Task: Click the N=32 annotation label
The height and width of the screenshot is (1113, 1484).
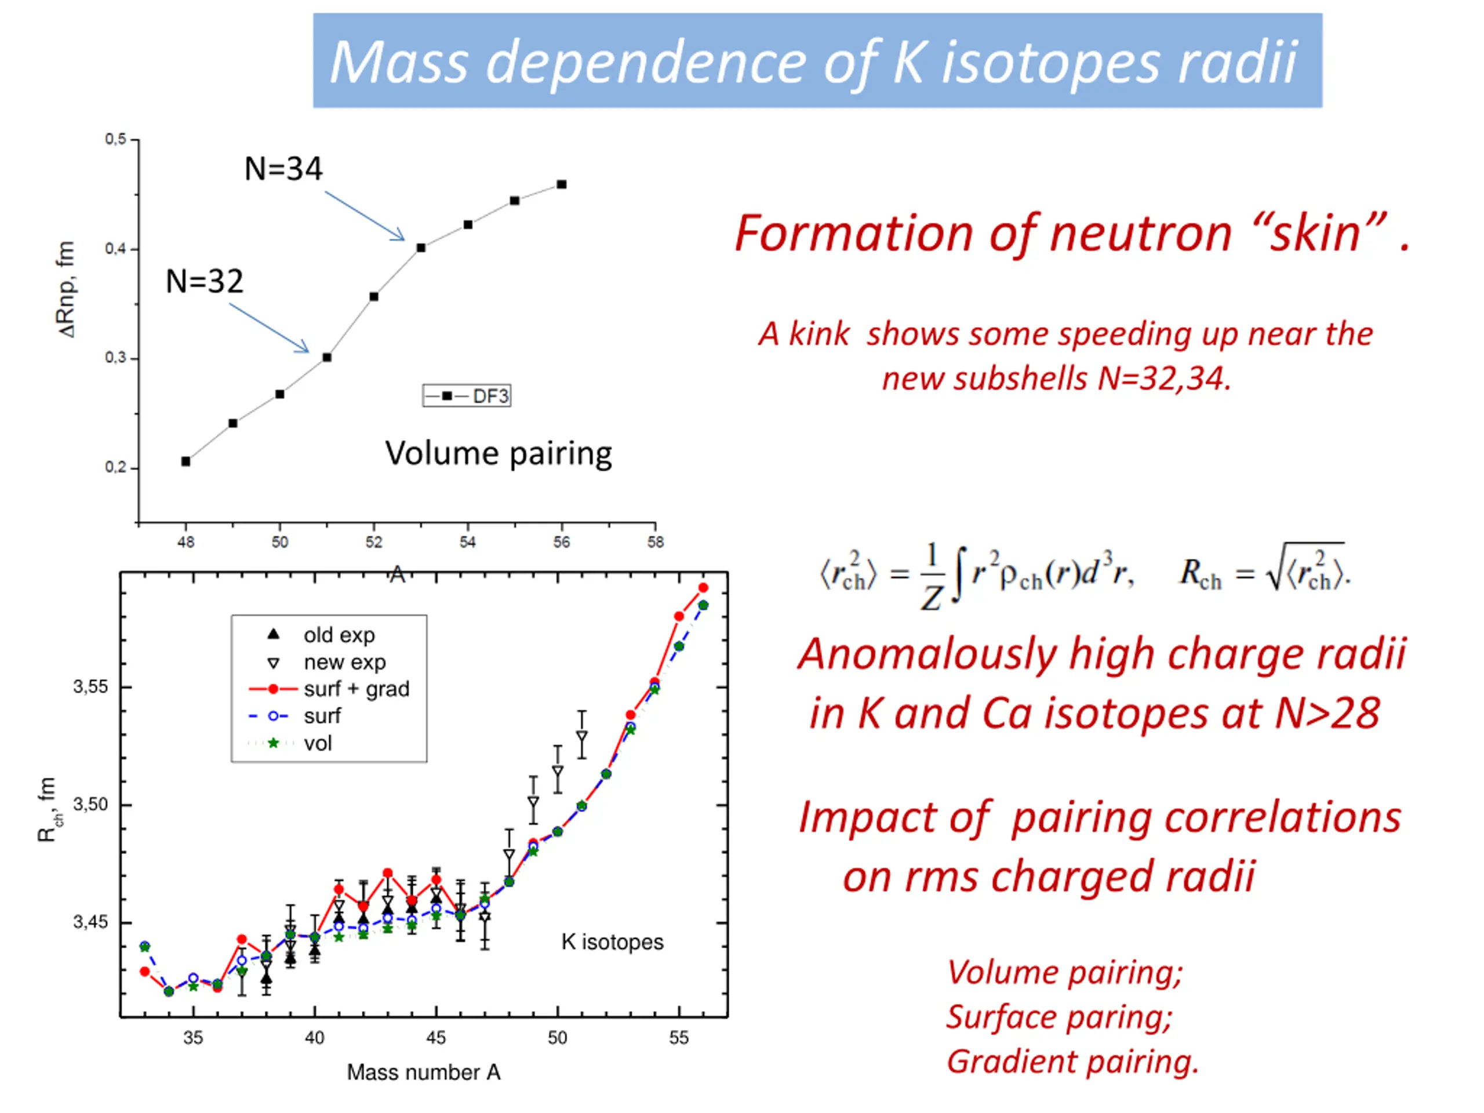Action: click(x=205, y=281)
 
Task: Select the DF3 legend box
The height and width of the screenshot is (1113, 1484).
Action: click(x=467, y=396)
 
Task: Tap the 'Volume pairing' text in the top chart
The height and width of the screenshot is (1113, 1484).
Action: click(x=499, y=453)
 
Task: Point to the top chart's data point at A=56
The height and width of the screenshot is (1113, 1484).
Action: click(x=562, y=184)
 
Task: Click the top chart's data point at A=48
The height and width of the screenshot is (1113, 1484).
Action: click(x=186, y=461)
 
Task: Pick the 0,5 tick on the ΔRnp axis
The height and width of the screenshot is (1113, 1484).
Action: click(x=115, y=140)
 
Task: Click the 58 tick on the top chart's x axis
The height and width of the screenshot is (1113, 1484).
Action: click(x=656, y=542)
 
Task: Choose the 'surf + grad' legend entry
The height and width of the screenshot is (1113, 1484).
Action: click(x=329, y=689)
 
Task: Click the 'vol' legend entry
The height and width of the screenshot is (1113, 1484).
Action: click(x=302, y=743)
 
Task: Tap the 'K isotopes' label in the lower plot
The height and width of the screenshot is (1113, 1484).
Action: click(x=612, y=942)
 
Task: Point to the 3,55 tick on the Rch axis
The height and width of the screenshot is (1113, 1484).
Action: click(x=90, y=687)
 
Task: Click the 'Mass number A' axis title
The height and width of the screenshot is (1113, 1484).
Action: click(x=423, y=1072)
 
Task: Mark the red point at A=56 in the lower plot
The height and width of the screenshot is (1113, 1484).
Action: click(x=703, y=588)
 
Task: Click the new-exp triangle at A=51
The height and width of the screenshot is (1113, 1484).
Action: click(x=581, y=737)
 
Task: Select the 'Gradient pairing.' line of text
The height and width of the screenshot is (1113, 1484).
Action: click(x=1072, y=1061)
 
